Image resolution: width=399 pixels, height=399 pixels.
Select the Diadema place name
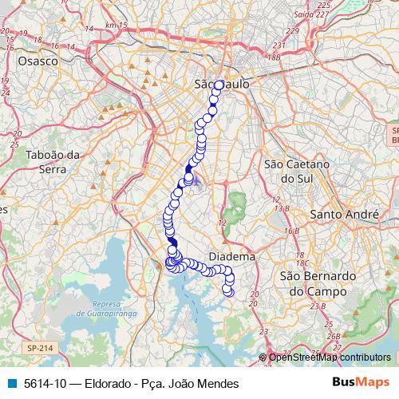231,258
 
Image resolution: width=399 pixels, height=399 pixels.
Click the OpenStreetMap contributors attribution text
330,358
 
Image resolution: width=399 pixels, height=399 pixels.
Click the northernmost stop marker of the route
219,85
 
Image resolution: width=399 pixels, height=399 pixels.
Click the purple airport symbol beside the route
196,182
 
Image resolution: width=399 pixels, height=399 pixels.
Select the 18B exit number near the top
275,57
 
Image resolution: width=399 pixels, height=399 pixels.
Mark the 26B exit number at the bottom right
333,336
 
